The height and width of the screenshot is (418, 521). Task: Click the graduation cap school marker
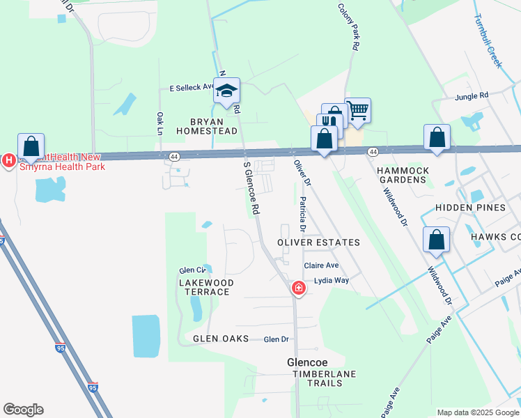[226, 91]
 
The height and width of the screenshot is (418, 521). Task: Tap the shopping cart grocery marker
[357, 110]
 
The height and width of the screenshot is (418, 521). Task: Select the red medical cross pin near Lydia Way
[298, 288]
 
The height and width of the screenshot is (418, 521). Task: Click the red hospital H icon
[8, 161]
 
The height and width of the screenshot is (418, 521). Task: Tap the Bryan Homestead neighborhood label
[202, 125]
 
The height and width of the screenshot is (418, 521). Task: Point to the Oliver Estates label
[318, 242]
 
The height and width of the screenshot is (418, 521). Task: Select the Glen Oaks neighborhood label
[221, 339]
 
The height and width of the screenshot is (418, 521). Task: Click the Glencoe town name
[307, 362]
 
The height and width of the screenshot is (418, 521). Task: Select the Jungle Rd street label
[472, 96]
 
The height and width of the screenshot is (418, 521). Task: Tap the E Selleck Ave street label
[192, 88]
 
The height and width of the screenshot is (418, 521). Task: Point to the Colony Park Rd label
[349, 27]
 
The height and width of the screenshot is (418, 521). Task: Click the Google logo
[23, 410]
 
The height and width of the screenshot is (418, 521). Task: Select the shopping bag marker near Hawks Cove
[436, 240]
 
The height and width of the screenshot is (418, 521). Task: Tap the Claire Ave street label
[321, 265]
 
